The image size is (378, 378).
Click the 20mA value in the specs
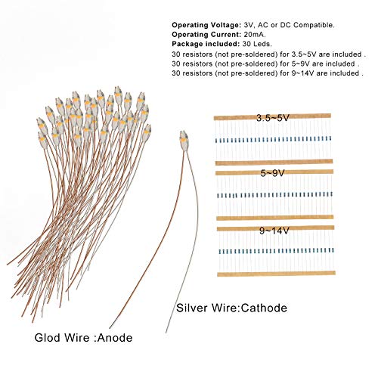(255, 34)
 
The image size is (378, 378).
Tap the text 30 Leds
(257, 44)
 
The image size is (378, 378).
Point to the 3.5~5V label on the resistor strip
(273, 118)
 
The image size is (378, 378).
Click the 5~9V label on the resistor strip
(273, 173)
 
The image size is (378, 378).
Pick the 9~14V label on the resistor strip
(274, 231)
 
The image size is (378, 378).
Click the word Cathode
(264, 308)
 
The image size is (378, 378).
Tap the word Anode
(115, 338)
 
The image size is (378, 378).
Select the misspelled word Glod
(48, 338)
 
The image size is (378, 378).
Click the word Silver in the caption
(192, 308)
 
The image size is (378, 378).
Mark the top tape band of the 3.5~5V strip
(272, 117)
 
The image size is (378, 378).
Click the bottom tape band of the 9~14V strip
(276, 274)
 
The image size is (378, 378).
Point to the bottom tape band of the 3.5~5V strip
(274, 162)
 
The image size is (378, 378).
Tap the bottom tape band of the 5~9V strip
(275, 218)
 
